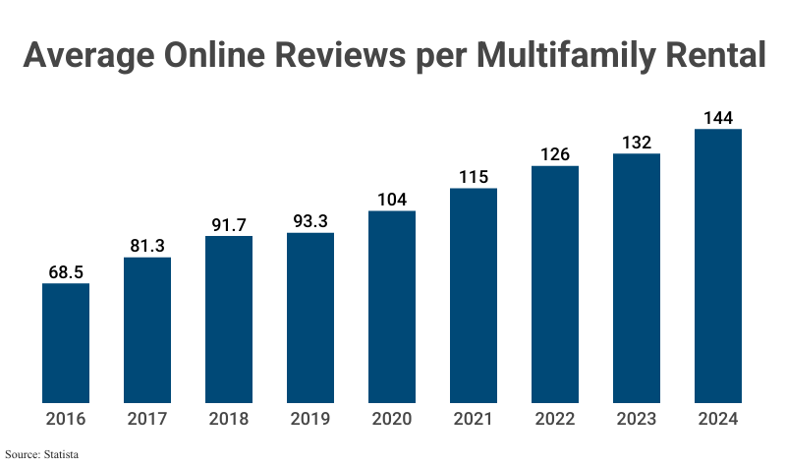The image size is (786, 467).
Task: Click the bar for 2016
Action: pos(66,342)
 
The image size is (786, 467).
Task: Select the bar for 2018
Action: pos(229,319)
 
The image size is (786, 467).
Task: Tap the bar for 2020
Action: pos(392,306)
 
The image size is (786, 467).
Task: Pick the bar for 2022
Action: pos(555,284)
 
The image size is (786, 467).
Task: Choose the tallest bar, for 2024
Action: pos(718,265)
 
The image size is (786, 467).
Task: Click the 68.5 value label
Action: pos(66,270)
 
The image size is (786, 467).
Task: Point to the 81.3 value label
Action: pos(147,245)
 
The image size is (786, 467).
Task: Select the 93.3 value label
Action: pos(310,220)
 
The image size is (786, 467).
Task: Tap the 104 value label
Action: pos(392,198)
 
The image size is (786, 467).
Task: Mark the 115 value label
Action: pos(474,176)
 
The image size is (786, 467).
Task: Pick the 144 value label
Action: pos(718,118)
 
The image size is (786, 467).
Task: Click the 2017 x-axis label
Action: pos(147,419)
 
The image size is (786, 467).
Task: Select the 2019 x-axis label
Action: pos(310,419)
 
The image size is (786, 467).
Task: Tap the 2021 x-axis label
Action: pos(474,419)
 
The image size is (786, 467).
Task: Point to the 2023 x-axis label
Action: pos(637,419)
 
